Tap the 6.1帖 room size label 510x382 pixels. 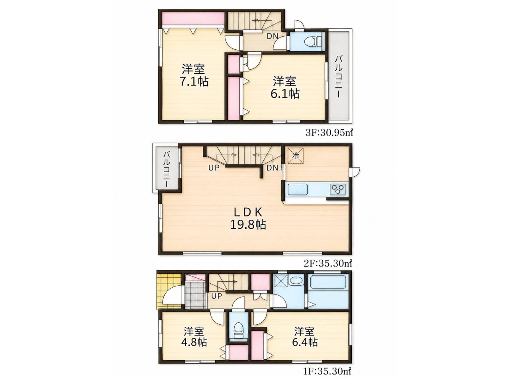[285, 94]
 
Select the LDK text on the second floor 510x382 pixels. [248, 212]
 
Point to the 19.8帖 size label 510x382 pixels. [248, 224]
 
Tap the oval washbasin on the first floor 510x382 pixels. [296, 281]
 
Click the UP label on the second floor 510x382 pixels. [214, 168]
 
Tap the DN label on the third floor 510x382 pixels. [272, 36]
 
